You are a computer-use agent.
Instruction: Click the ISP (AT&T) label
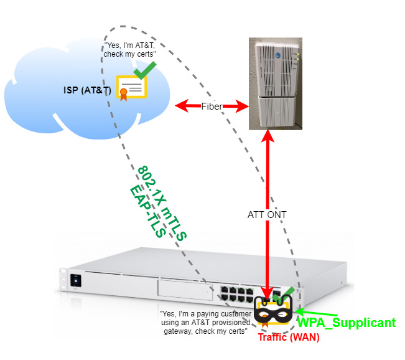tap(87, 90)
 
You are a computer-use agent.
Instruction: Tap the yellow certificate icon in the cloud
tap(131, 88)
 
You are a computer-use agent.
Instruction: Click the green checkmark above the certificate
tap(144, 70)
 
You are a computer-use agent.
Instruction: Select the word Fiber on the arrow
tap(212, 107)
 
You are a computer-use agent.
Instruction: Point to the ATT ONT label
tap(267, 215)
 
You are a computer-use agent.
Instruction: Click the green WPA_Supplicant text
tap(347, 323)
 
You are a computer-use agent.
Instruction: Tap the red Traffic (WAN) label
tap(289, 337)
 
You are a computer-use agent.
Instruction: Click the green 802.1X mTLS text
tap(162, 203)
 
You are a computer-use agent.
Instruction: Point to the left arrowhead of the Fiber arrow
tap(182, 106)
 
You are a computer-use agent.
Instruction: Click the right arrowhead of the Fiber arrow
tap(242, 107)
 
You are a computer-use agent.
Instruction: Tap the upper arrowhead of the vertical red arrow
tap(268, 136)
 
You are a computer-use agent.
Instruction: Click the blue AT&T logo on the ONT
tap(277, 55)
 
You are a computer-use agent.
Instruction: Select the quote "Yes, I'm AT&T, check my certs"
tap(129, 50)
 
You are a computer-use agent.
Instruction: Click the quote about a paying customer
tap(205, 323)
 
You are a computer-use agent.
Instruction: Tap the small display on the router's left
tap(76, 281)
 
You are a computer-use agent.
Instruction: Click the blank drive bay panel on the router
tap(185, 290)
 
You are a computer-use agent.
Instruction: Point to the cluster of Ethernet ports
tap(237, 295)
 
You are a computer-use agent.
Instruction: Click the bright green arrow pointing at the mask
tap(317, 313)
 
